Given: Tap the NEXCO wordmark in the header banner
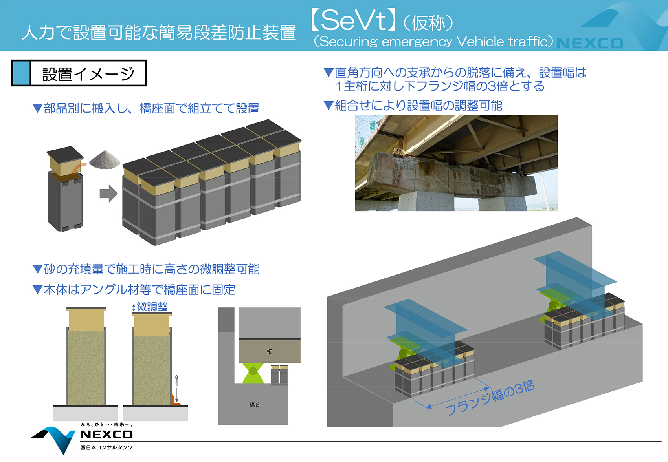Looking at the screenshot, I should [589, 43].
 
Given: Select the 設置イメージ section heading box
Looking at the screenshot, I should [79, 73].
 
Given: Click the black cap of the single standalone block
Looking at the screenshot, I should [65, 153].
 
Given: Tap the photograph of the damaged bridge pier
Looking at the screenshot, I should [456, 163].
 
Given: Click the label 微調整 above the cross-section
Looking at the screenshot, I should [152, 307].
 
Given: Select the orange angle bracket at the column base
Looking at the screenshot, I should [176, 401].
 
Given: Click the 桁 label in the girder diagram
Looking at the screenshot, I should [269, 351].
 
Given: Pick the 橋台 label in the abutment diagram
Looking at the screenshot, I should [255, 404].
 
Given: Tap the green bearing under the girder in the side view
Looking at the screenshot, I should [253, 373].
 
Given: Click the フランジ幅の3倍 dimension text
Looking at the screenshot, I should [490, 398].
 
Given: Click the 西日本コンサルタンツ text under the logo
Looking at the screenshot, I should [106, 447].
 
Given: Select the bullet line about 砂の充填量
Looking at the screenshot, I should [146, 269].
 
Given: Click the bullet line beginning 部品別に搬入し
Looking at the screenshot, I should [146, 108].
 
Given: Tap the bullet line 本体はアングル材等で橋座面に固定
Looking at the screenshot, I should [134, 290].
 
